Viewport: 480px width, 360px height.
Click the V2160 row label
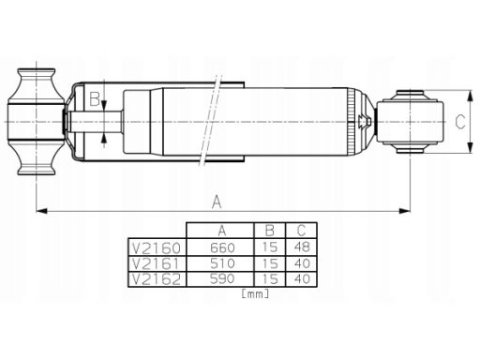157,248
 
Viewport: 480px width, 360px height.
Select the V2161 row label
157,263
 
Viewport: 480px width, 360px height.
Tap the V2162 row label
157,279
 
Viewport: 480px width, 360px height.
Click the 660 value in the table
222,247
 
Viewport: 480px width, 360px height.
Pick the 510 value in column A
222,263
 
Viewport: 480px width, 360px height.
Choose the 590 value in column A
222,278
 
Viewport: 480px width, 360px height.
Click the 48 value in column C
302,247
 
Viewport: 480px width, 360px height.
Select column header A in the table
222,231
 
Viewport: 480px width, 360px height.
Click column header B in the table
269,231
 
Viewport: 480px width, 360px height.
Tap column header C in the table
301,231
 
